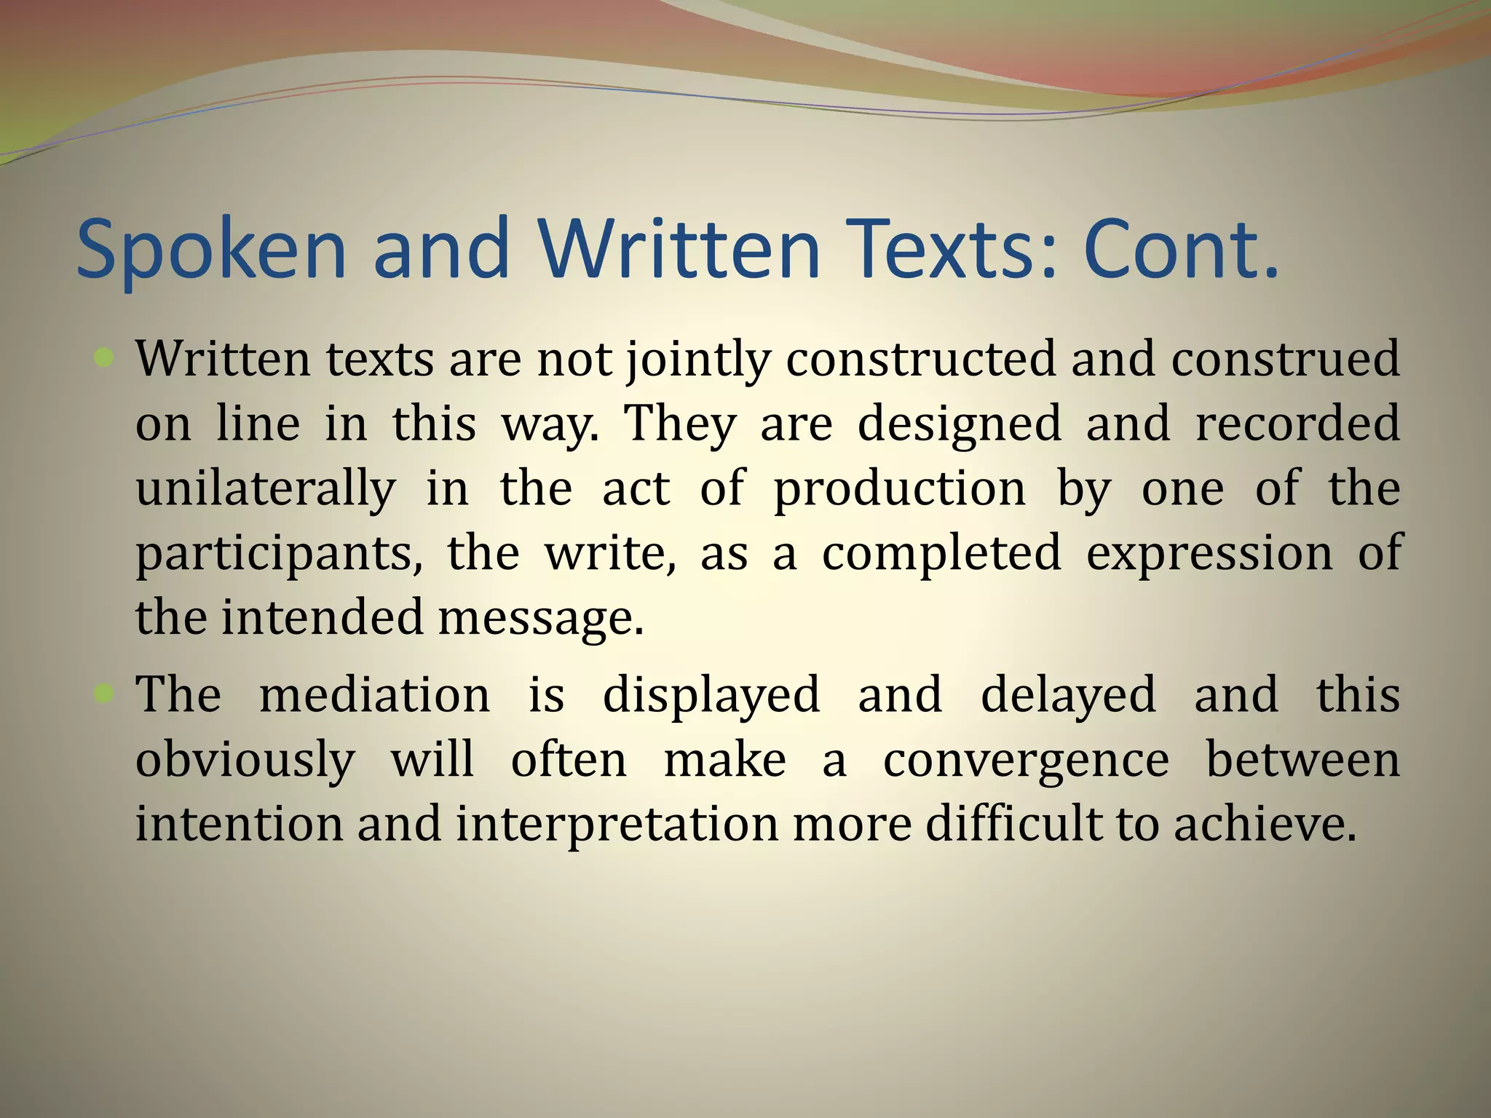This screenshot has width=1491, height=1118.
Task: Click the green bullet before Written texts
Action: click(x=105, y=357)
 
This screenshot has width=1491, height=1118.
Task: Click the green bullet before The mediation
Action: click(x=105, y=694)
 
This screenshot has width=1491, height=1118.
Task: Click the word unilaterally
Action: click(x=266, y=488)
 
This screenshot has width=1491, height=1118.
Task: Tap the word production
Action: click(x=899, y=488)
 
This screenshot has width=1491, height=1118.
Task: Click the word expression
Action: click(x=1209, y=553)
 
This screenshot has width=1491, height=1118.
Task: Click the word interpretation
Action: click(x=617, y=824)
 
